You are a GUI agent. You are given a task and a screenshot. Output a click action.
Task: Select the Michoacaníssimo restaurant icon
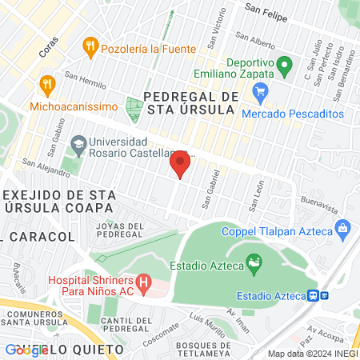click(x=47, y=85)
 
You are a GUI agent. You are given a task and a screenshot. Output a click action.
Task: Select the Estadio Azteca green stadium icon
click(x=254, y=261)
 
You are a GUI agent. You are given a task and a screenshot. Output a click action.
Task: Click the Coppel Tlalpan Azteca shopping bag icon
click(x=343, y=230)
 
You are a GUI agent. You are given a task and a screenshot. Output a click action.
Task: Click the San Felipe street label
click(x=266, y=10)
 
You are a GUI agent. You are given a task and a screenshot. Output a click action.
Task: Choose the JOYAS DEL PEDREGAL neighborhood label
click(x=119, y=230)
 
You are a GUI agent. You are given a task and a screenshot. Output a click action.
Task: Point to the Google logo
click(x=26, y=350)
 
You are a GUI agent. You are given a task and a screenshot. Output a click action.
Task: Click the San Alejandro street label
click(x=40, y=165)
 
